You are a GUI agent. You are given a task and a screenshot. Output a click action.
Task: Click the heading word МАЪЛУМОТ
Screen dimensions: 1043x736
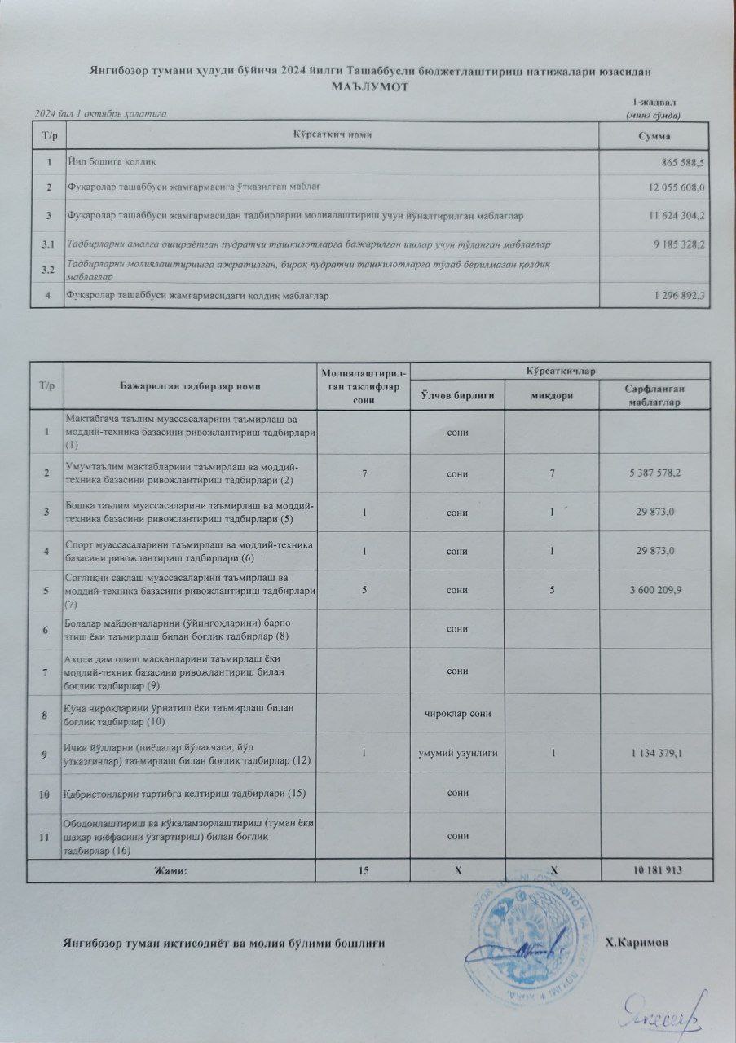369,86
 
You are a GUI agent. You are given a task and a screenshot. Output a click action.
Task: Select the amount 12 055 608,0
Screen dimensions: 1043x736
677,188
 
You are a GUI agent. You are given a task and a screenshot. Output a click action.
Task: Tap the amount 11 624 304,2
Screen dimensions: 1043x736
677,216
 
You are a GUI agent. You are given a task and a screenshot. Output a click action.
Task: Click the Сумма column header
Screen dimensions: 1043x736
654,134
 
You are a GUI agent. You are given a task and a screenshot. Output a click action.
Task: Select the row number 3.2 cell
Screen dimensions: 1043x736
47,269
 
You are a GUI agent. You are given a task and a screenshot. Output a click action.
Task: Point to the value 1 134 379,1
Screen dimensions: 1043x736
654,754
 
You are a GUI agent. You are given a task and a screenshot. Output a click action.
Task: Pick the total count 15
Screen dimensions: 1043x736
362,871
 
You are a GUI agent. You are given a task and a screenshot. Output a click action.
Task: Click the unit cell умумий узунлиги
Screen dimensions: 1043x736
458,754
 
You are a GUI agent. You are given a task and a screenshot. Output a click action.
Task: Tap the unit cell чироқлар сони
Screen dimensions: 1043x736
458,715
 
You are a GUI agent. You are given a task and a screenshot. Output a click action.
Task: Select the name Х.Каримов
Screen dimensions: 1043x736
637,942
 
